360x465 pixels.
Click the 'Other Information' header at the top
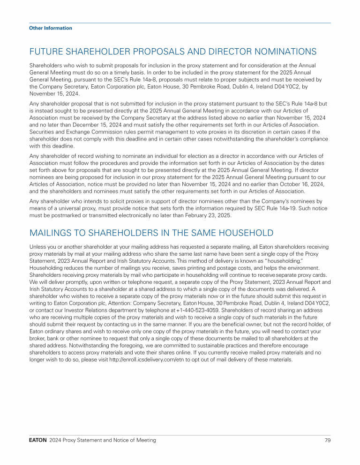click(51, 28)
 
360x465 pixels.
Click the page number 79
click(327, 440)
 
